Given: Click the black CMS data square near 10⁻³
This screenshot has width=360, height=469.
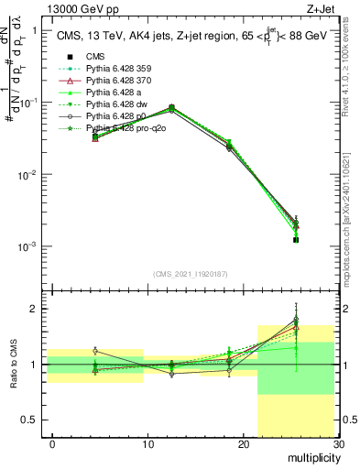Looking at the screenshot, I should coord(296,239).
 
